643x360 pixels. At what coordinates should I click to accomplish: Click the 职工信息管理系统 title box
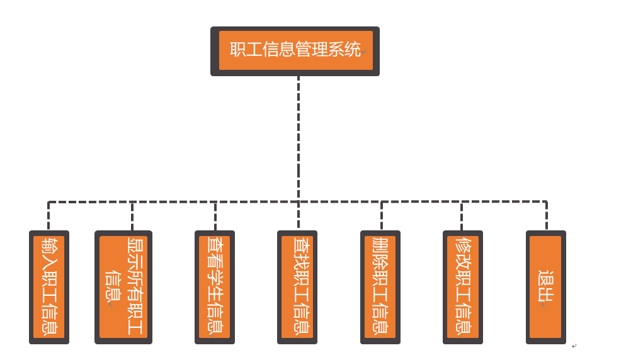coord(295,51)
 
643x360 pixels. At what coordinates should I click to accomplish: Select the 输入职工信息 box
coord(49,287)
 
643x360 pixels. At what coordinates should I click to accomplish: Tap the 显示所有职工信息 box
coord(123,287)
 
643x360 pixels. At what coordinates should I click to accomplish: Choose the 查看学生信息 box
coord(215,287)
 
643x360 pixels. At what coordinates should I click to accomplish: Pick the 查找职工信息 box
coord(297,287)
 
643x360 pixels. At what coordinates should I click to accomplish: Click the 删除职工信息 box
coord(380,287)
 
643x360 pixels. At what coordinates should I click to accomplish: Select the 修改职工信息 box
coord(463,287)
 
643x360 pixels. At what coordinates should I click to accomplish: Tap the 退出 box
coord(545,287)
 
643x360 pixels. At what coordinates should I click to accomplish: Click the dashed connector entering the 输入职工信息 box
coord(48,216)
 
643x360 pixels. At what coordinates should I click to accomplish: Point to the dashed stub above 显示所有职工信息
coord(132,216)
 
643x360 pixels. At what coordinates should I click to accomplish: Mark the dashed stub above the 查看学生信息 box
coord(215,216)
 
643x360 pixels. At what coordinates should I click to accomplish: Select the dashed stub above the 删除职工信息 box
coord(381,216)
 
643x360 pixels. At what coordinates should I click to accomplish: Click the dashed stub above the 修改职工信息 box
coord(462,216)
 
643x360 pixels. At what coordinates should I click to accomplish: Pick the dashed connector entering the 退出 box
coord(546,216)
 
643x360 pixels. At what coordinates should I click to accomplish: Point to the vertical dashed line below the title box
coord(299,138)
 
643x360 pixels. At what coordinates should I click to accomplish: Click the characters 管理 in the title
coord(311,50)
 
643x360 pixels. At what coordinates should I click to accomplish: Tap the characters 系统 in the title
coord(344,50)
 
